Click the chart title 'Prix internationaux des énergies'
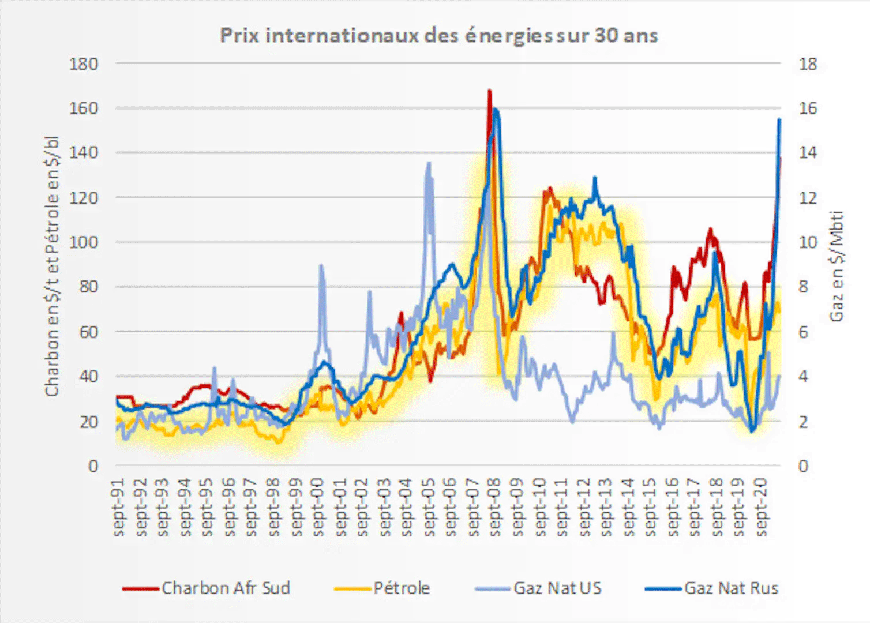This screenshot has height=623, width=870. point(438,36)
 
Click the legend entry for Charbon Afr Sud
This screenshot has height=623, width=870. point(225,588)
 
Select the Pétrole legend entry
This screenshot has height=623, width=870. point(402,588)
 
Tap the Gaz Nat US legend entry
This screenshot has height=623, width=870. point(557,588)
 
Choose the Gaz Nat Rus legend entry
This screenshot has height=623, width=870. point(731,588)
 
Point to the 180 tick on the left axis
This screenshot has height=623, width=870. point(84,63)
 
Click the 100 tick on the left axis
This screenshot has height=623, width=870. point(84,242)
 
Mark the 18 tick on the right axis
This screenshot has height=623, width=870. point(808,63)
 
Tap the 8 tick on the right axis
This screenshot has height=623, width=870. point(803,287)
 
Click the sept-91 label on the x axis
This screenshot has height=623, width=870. point(119,508)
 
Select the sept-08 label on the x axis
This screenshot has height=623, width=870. point(495,508)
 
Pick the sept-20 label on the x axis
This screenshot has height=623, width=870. point(761,508)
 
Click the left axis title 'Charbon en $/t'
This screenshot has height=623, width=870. point(52,265)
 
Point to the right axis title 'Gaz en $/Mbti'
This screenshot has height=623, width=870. point(837,265)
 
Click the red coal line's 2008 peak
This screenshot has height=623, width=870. point(489,91)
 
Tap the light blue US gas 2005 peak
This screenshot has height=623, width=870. point(429,163)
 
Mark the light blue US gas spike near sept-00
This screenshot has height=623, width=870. point(321,265)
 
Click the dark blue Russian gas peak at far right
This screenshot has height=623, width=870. point(779,119)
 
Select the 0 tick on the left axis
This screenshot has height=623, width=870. point(93,466)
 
